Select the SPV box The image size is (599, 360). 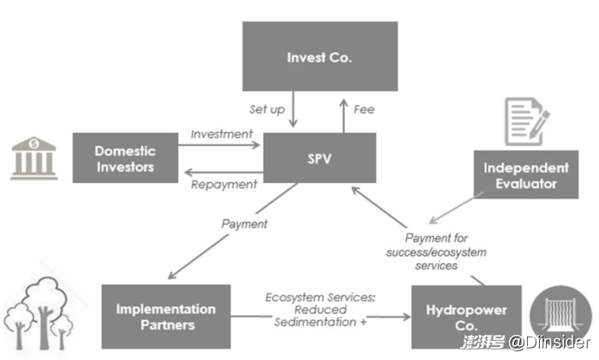click(319, 158)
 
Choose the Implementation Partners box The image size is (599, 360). click(166, 317)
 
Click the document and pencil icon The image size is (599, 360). click(526, 124)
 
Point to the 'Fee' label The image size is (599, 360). click(364, 110)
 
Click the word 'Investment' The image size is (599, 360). click(221, 134)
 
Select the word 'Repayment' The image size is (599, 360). click(225, 184)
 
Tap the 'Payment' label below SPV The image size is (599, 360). click(244, 223)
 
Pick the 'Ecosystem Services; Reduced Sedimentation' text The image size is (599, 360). click(320, 310)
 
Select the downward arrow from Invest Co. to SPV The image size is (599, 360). click(293, 111)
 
